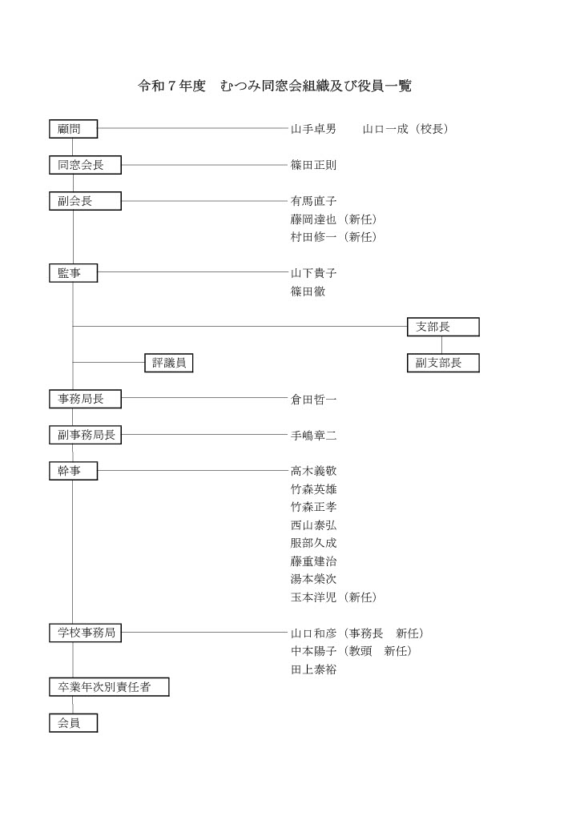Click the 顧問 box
[x=73, y=129]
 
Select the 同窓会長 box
[x=85, y=166]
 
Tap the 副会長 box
[x=85, y=201]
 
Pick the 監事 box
[x=73, y=273]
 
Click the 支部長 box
[x=443, y=327]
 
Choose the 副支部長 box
[x=443, y=363]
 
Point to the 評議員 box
[x=169, y=363]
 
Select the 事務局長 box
[x=85, y=399]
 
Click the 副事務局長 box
[x=85, y=435]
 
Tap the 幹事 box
[x=73, y=471]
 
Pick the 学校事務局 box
[x=85, y=633]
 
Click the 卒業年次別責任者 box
[x=109, y=686]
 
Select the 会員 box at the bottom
[x=73, y=722]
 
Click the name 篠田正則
[x=313, y=166]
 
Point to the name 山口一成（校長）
[x=405, y=129]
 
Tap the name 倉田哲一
[x=313, y=399]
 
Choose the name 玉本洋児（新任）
[x=333, y=597]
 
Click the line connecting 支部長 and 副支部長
[x=442, y=345]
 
